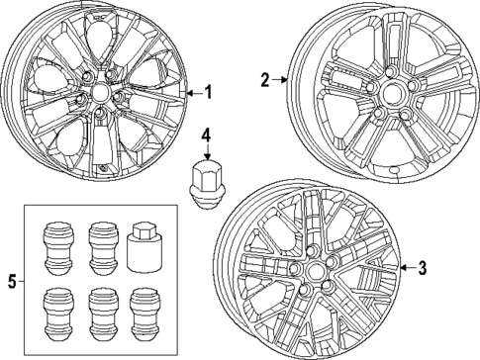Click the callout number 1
coord(209,92)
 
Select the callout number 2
coord(265,79)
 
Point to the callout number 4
coord(205,134)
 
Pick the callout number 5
coord(12,282)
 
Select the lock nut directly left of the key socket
coord(101,246)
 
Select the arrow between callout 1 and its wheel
coord(192,92)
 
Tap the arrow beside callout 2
coord(281,79)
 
